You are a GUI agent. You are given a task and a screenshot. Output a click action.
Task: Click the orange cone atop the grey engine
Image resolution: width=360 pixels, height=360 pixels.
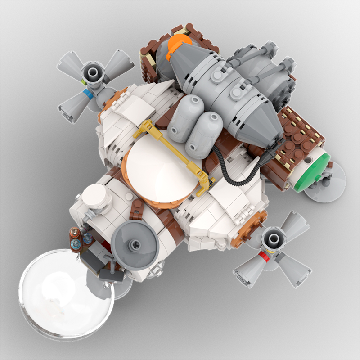pos(179,47)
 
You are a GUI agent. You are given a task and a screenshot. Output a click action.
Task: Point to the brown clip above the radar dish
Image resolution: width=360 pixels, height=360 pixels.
pos(135,212)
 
